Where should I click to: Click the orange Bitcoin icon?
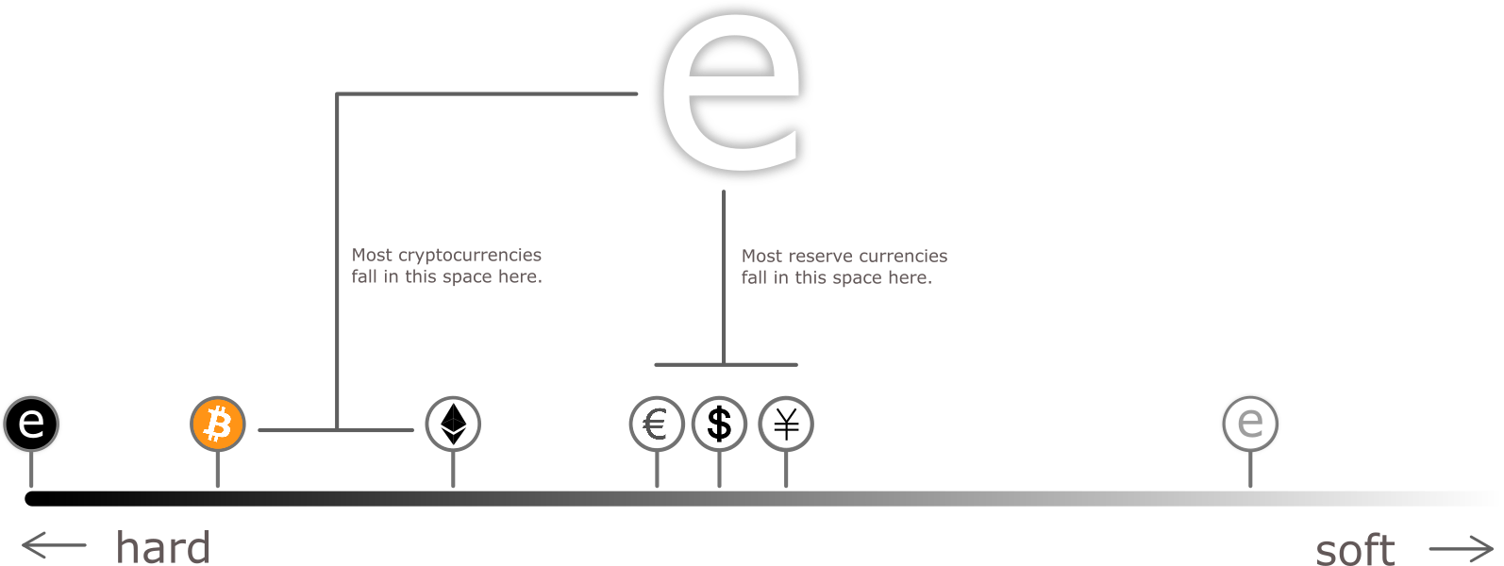coord(218,424)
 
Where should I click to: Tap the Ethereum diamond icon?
coord(454,424)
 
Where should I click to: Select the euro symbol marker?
coord(657,424)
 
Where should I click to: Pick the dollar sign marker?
coord(719,424)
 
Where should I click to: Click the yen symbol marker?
coord(786,424)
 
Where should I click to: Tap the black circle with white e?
coord(31,424)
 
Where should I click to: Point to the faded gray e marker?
coord(1250,424)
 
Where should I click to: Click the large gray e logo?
coord(731,94)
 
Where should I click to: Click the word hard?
coord(163,547)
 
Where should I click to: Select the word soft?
coord(1355,549)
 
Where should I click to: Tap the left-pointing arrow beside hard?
coord(54,545)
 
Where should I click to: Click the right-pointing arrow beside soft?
coord(1461,548)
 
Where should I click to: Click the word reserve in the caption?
coord(817,257)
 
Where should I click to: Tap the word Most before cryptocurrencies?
coord(372,256)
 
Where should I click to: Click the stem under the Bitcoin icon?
coord(218,469)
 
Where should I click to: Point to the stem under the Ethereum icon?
coord(454,469)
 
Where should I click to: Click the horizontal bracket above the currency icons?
coord(726,364)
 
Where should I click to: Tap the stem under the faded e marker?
coord(1250,470)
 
